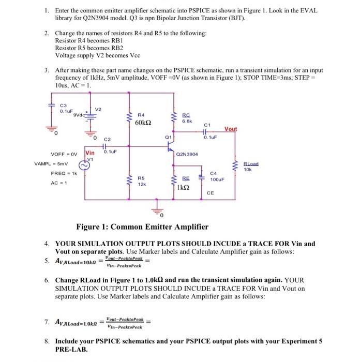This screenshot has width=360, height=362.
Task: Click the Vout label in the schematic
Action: click(x=232, y=129)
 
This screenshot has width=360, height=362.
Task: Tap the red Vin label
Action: click(x=90, y=153)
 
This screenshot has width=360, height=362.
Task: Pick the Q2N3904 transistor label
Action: click(x=187, y=154)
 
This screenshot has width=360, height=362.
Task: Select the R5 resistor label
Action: click(x=140, y=177)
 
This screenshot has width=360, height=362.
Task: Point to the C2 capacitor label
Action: click(x=107, y=140)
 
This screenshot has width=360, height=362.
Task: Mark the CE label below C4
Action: click(x=210, y=193)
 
